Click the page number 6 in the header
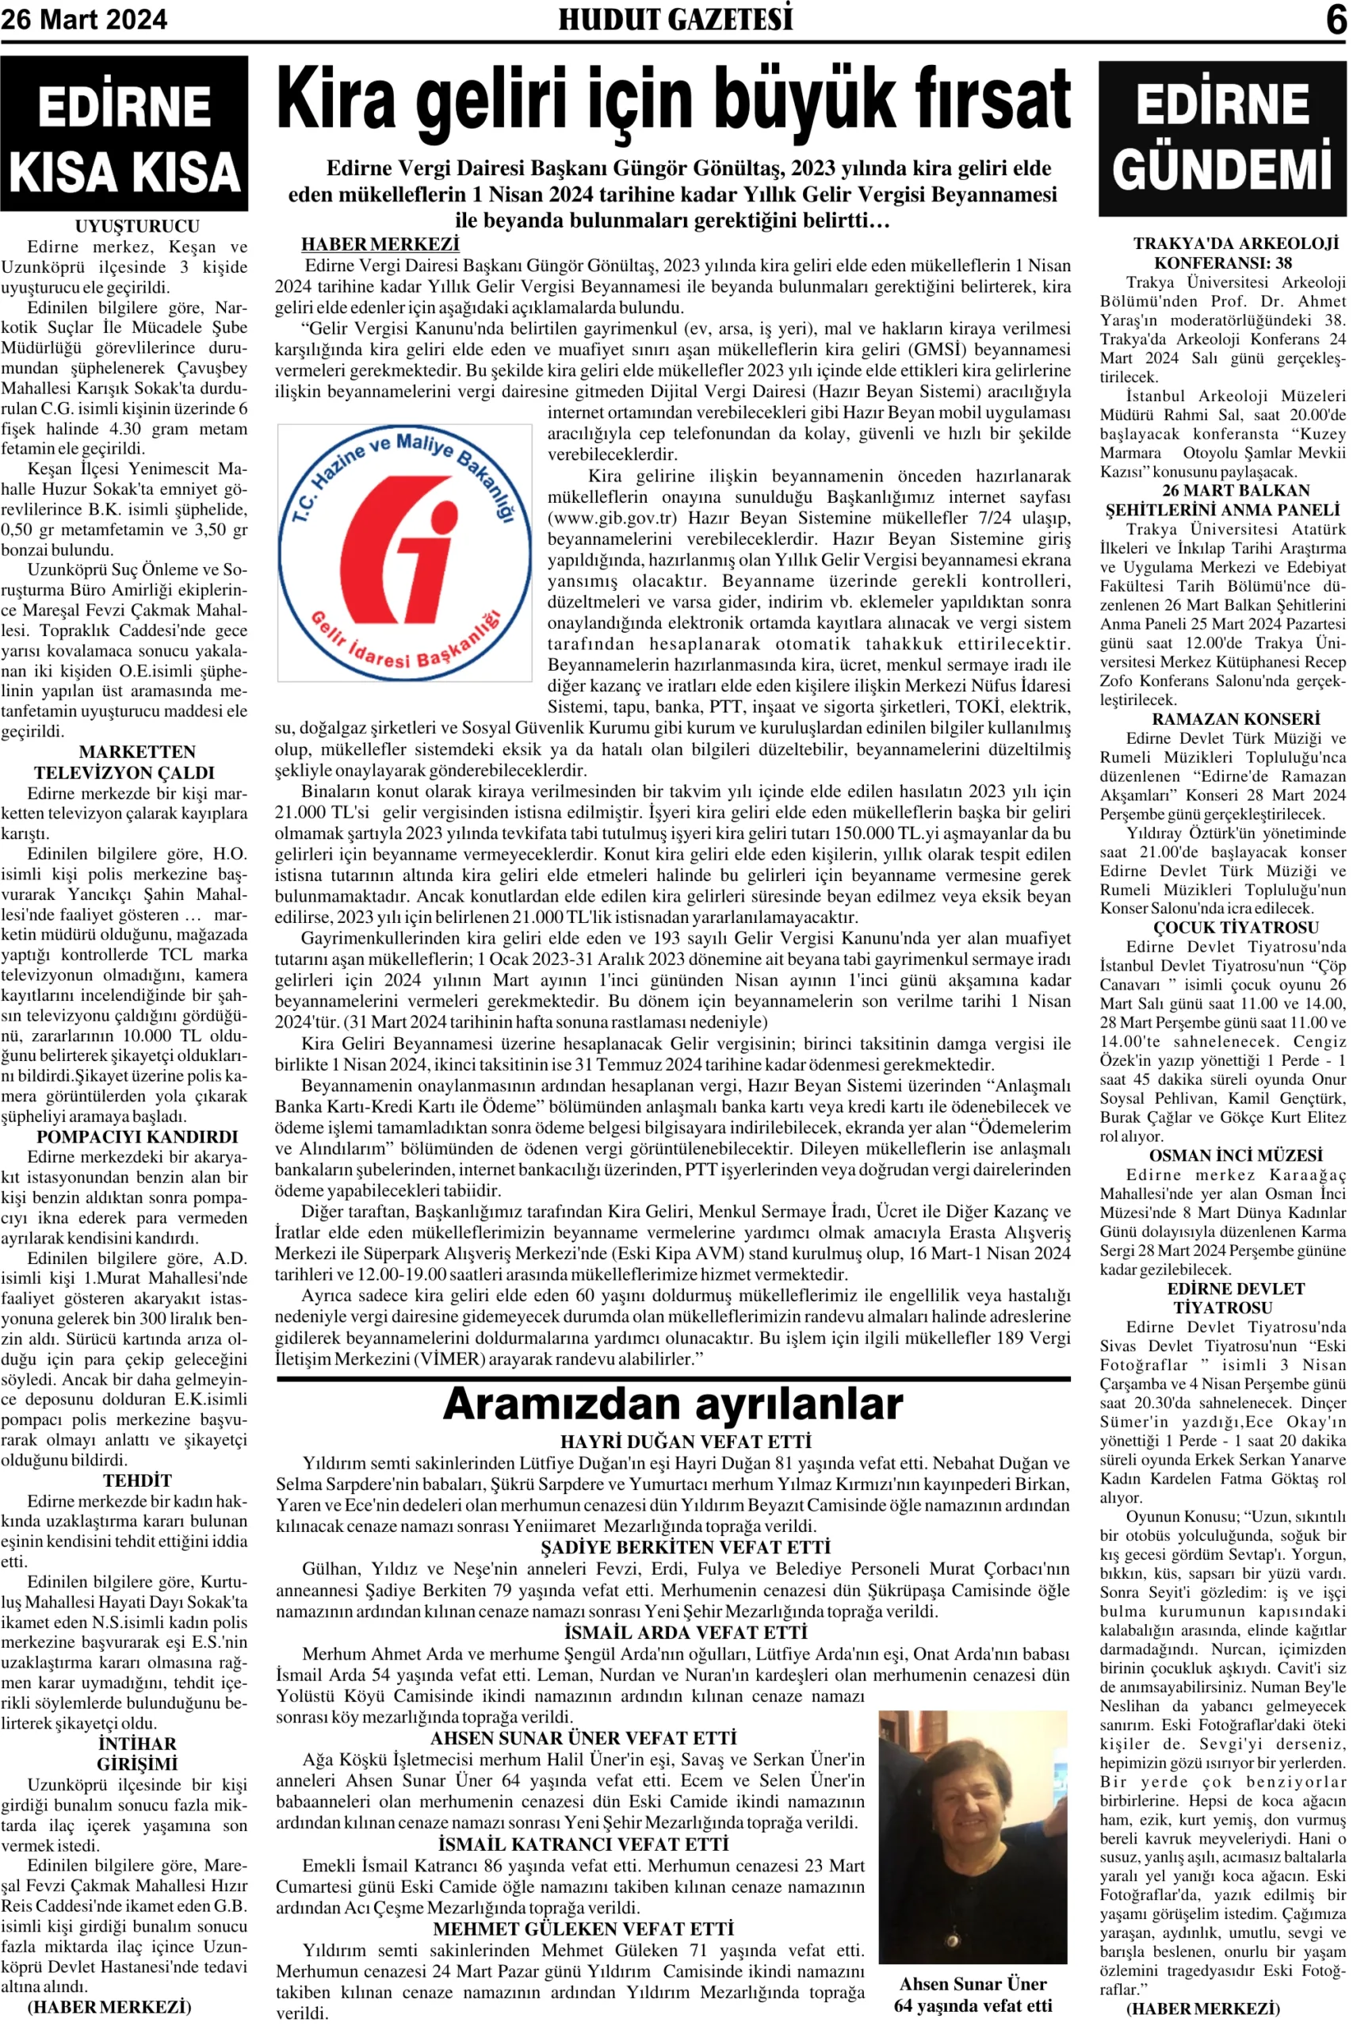point(1336,19)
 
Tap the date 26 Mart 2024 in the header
point(84,19)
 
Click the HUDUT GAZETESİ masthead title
point(675,19)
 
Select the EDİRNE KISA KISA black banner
point(124,135)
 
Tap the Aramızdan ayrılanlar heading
point(673,1404)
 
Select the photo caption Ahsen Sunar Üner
point(973,1983)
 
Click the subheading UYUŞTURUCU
point(137,226)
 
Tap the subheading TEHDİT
point(137,1480)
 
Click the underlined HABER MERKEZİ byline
point(380,245)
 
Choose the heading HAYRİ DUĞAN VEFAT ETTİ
point(685,1442)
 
